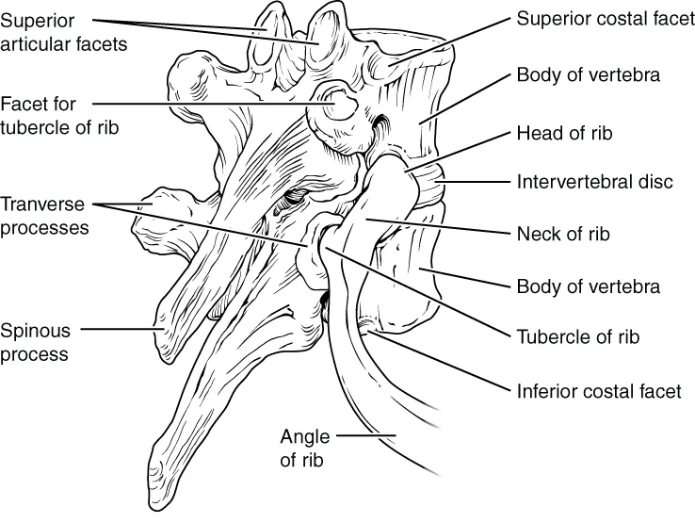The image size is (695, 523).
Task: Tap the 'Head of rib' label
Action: (564, 134)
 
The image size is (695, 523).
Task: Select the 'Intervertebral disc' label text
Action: (594, 181)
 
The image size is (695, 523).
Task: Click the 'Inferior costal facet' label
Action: (598, 390)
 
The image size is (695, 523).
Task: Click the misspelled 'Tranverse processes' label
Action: (44, 216)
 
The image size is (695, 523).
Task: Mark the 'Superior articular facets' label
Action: (63, 31)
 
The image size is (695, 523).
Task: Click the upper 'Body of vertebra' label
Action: (588, 74)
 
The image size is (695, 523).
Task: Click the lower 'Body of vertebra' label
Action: (588, 286)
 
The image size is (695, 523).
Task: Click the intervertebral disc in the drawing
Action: (430, 184)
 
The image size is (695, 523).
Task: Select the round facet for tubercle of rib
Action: (335, 106)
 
